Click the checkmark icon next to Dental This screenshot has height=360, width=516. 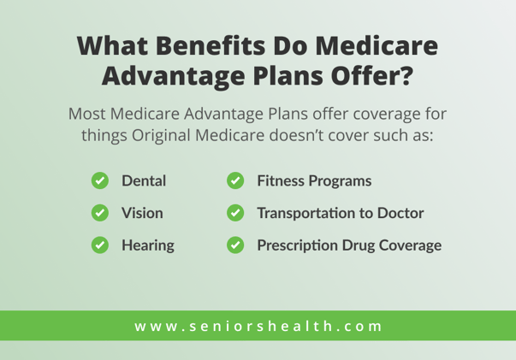(x=99, y=181)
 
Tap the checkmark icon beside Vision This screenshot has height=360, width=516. (x=99, y=213)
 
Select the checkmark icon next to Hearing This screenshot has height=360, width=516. (x=99, y=245)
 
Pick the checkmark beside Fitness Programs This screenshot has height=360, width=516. (x=235, y=181)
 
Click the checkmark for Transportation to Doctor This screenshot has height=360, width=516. (x=235, y=213)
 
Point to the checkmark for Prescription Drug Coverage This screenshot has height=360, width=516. (x=235, y=245)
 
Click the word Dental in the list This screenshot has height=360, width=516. (x=143, y=181)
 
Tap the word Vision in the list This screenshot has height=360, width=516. (x=141, y=213)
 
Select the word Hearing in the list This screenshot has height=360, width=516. (x=147, y=245)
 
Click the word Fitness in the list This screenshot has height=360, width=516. (x=281, y=181)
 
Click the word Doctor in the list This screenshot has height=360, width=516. (x=399, y=213)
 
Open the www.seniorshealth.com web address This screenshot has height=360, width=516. (x=258, y=326)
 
